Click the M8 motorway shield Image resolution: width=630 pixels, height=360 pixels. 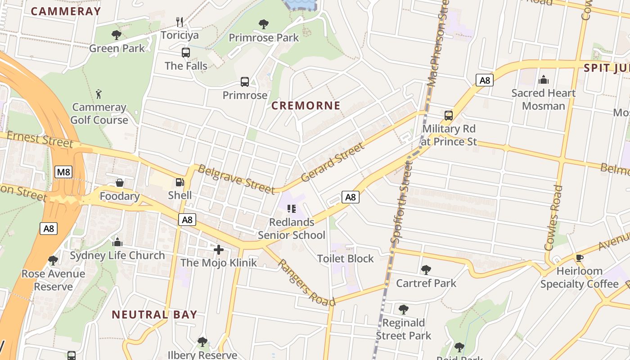pyautogui.click(x=64, y=171)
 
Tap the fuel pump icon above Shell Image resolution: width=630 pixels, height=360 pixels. pyautogui.click(x=180, y=182)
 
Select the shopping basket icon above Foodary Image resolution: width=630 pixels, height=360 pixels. pyautogui.click(x=120, y=183)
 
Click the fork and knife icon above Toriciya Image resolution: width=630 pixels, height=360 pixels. pyautogui.click(x=180, y=22)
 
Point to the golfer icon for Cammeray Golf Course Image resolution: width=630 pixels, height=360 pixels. pyautogui.click(x=99, y=94)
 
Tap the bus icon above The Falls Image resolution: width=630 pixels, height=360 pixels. pyautogui.click(x=186, y=53)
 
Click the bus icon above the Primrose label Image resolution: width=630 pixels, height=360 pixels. pyautogui.click(x=245, y=82)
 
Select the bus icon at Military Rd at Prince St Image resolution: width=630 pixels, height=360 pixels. pyautogui.click(x=449, y=116)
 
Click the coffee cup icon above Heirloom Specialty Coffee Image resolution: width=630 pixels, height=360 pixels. pyautogui.click(x=579, y=258)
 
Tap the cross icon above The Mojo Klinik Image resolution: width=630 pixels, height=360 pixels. pyautogui.click(x=219, y=249)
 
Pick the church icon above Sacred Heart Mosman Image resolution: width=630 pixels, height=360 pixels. pyautogui.click(x=544, y=80)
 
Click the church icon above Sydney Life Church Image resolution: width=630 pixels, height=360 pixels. pyautogui.click(x=117, y=242)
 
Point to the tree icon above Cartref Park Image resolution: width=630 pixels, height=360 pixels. pyautogui.click(x=426, y=270)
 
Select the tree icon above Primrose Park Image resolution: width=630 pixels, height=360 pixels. pyautogui.click(x=264, y=24)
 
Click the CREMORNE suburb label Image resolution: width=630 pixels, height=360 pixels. pyautogui.click(x=306, y=106)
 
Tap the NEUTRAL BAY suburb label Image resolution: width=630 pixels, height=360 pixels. pyautogui.click(x=154, y=314)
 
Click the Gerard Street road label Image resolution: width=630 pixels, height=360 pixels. pyautogui.click(x=332, y=162)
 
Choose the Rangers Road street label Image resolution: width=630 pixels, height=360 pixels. pyautogui.click(x=306, y=282)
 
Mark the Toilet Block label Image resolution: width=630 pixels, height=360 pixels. pyautogui.click(x=345, y=259)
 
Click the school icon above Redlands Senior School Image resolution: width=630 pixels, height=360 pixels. pyautogui.click(x=291, y=209)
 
